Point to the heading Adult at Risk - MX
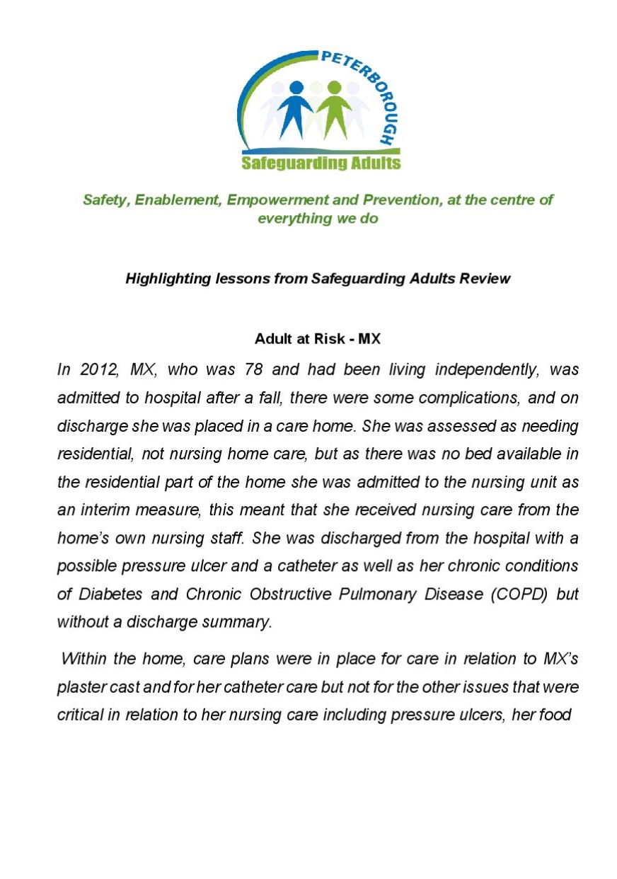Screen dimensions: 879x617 318,338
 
